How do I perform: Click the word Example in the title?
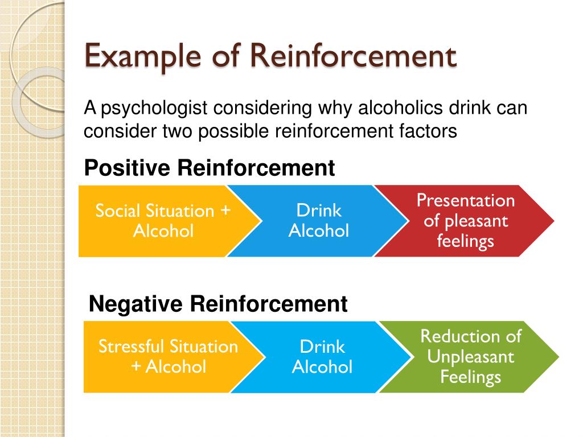click(x=129, y=57)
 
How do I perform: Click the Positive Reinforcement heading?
click(x=209, y=168)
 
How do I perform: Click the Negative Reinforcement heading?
click(x=218, y=304)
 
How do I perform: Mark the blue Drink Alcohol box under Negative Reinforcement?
click(x=322, y=357)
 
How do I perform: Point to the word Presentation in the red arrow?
click(x=466, y=200)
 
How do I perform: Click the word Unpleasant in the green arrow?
click(x=471, y=357)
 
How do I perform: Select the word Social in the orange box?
click(x=117, y=211)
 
